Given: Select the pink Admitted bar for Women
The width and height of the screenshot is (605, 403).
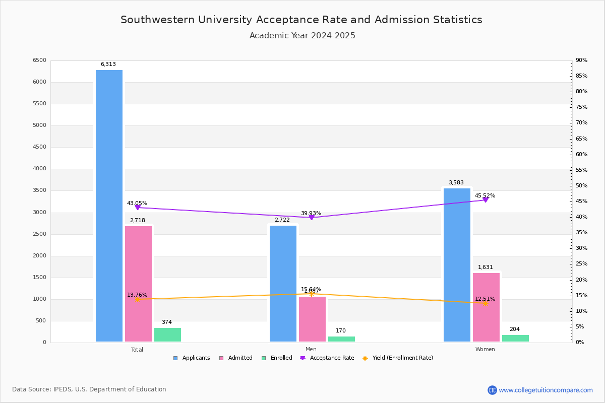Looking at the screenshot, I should point(486,307).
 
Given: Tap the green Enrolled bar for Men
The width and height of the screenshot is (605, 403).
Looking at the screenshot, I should point(341,339).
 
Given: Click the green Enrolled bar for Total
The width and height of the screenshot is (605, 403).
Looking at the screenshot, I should point(167,334).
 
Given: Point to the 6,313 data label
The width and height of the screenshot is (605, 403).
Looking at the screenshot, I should point(108,64).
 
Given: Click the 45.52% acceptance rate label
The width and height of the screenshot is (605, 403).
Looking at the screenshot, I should point(485,195).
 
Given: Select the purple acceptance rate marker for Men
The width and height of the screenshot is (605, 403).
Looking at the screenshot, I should point(312,217).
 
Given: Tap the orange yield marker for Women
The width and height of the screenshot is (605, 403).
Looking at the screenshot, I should point(486,303).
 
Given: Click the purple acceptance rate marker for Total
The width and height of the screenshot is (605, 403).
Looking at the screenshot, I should point(138,208).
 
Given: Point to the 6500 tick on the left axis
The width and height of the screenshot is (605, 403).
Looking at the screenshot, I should point(39,60).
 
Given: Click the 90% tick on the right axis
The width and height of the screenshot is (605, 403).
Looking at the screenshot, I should point(581,60).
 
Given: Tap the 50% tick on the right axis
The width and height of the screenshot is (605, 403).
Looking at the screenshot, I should point(581,186).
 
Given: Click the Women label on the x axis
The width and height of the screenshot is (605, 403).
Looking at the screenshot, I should point(485,350).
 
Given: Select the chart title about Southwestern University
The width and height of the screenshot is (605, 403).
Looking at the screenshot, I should point(301,20).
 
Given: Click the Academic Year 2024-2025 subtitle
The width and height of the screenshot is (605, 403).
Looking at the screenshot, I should point(302,36).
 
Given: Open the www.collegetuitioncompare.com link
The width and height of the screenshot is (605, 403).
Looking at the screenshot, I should point(546,390).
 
